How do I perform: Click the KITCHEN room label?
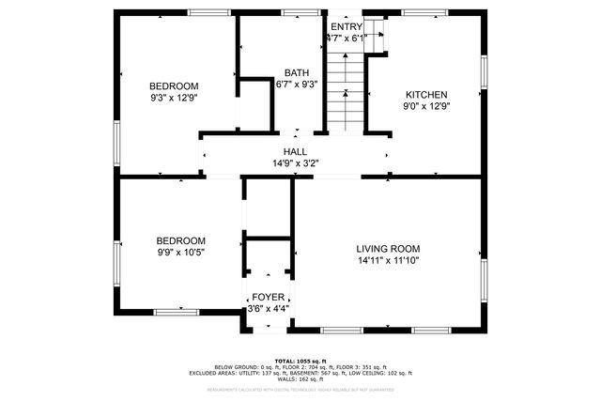tap(425, 94)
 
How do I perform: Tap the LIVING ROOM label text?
tap(387, 248)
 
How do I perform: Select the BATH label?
tap(297, 72)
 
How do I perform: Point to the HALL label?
tap(295, 151)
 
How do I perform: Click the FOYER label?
tap(268, 298)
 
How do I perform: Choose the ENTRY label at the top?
tap(345, 25)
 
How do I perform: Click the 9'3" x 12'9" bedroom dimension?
tap(174, 97)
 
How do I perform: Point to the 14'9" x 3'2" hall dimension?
tap(295, 162)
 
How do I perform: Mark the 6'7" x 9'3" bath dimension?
tap(297, 84)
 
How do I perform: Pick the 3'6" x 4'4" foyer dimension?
tap(268, 309)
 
